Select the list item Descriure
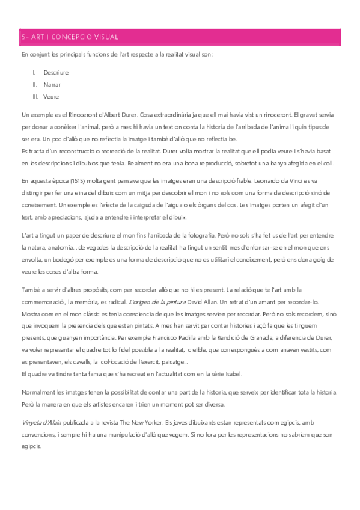tap(55, 73)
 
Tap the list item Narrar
tap(52, 84)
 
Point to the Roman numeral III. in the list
tap(35, 96)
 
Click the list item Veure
tap(51, 96)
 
